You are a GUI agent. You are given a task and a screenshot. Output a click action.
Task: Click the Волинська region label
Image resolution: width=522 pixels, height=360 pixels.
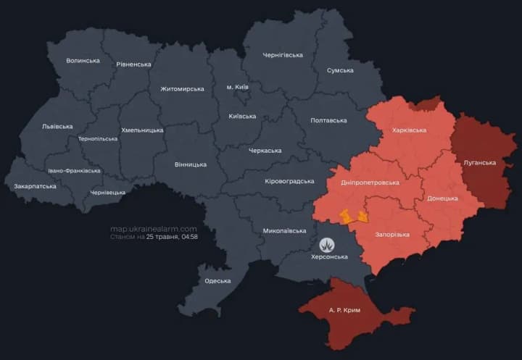tap(83, 61)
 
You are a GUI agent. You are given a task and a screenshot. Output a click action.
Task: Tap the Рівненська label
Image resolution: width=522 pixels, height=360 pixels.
tap(133, 64)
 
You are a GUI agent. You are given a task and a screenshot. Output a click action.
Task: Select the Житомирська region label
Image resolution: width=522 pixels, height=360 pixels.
tap(182, 89)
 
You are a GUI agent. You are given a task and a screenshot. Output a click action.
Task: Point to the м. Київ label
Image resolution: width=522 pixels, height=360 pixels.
tap(237, 87)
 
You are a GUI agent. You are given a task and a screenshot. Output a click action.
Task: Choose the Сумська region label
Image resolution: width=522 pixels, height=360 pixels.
tap(340, 70)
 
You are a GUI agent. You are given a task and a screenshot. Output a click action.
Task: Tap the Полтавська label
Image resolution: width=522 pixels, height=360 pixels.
tap(328, 120)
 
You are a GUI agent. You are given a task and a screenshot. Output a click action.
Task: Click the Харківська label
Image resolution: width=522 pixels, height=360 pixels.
tap(409, 130)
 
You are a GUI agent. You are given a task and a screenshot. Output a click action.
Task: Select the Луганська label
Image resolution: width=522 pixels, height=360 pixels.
tap(479, 163)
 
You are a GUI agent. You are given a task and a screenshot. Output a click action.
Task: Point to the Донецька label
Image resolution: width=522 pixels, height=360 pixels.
tap(442, 198)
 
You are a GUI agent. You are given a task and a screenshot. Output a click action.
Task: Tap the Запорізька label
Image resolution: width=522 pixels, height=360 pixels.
tap(392, 235)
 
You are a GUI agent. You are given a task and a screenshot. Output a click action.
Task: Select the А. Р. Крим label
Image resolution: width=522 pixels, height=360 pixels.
tap(344, 309)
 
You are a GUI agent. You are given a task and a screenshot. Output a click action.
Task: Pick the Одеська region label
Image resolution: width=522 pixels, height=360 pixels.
tap(217, 281)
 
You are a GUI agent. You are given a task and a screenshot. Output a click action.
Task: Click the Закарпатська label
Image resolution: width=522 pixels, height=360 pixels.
tap(35, 186)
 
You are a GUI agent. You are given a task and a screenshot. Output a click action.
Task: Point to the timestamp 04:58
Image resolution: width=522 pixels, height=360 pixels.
tap(190, 237)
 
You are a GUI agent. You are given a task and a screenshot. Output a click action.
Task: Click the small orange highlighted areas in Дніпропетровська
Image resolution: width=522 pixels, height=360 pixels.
tap(353, 216)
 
